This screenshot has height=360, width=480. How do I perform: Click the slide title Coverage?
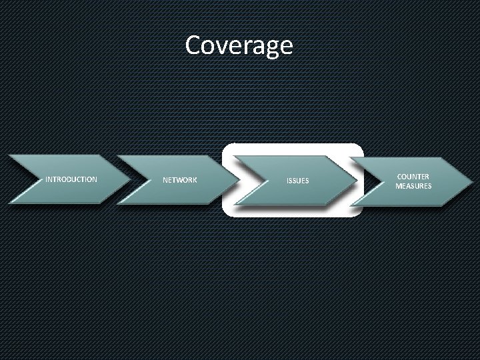[239, 45]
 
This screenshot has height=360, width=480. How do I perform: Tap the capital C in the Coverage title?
[195, 45]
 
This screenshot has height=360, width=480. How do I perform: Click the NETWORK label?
[180, 181]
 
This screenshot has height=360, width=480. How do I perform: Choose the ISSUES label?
[297, 181]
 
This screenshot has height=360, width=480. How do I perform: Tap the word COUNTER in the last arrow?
[413, 175]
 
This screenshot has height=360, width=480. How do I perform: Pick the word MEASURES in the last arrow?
[413, 185]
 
